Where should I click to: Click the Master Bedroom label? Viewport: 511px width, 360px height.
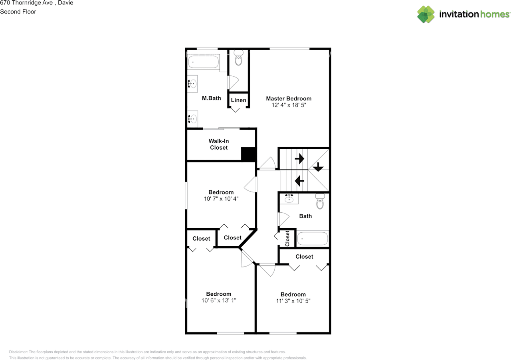tap(289, 99)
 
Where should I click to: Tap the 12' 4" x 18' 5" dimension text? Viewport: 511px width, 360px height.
tap(289, 105)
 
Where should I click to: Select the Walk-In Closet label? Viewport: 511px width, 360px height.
tap(219, 144)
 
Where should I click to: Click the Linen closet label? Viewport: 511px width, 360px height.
tap(239, 100)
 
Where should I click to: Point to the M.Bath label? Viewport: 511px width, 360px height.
tap(211, 98)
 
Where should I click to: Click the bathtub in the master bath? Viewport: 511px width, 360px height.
tap(204, 62)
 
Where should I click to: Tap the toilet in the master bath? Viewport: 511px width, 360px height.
tap(238, 58)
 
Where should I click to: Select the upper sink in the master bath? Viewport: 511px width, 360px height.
tap(192, 83)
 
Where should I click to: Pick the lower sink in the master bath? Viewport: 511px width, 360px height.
tap(192, 119)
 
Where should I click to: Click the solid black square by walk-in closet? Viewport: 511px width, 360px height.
tap(248, 154)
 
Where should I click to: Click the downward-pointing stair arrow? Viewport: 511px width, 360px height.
tap(318, 167)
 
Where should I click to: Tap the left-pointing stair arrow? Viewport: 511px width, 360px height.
tap(299, 181)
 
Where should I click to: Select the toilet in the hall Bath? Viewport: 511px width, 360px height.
tap(320, 202)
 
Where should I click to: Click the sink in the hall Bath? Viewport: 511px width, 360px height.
tap(289, 198)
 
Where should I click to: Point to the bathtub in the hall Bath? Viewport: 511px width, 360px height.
tap(313, 239)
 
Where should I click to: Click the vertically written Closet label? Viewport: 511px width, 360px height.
tap(287, 238)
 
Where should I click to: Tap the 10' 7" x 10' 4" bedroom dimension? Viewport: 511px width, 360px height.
tap(221, 199)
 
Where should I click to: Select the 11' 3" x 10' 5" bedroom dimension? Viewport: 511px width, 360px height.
tap(293, 301)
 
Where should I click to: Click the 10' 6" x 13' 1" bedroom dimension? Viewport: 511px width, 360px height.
tap(219, 301)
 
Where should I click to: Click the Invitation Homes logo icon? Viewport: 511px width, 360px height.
tap(426, 14)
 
